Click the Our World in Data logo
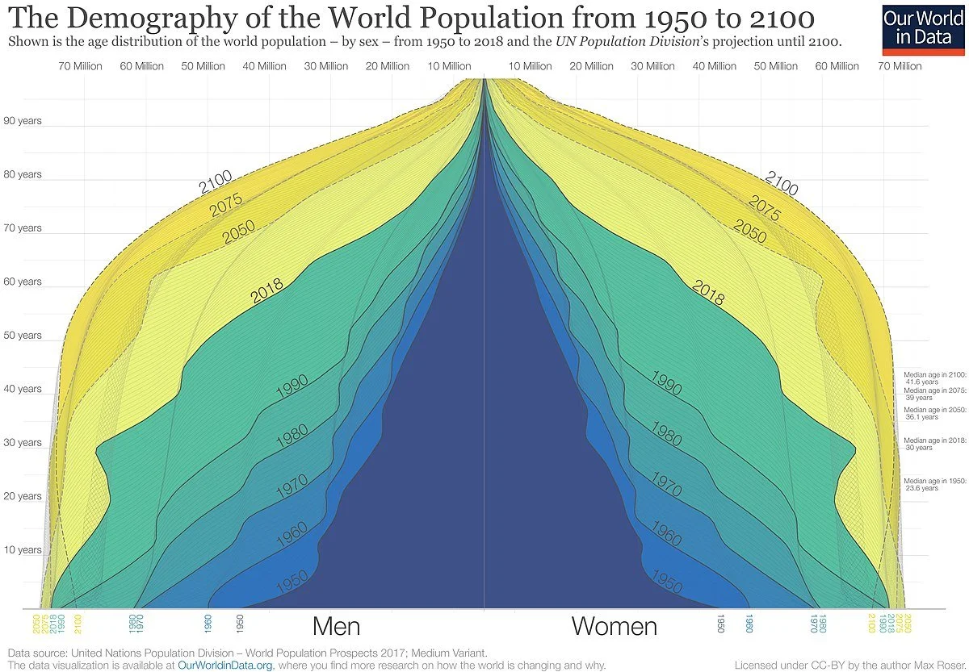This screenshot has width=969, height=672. point(921,28)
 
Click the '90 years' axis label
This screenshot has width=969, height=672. point(23,121)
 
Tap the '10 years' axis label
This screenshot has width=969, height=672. point(23,550)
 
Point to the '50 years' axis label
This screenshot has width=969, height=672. point(23,336)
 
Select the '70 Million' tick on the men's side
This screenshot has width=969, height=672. point(80,66)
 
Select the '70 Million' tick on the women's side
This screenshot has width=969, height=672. point(900,66)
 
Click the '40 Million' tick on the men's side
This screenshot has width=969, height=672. point(264,66)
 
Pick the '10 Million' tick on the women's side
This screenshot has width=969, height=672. point(531,66)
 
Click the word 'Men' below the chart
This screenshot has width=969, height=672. point(336,626)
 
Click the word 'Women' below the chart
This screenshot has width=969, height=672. point(615,626)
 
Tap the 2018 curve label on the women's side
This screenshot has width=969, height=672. point(708,293)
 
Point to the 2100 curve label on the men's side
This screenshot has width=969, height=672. point(216,182)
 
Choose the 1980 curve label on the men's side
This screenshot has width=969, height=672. point(292,436)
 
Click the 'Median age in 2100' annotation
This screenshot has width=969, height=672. point(934,378)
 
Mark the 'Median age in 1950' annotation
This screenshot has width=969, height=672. point(934,484)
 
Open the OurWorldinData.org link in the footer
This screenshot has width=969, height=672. point(224,666)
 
